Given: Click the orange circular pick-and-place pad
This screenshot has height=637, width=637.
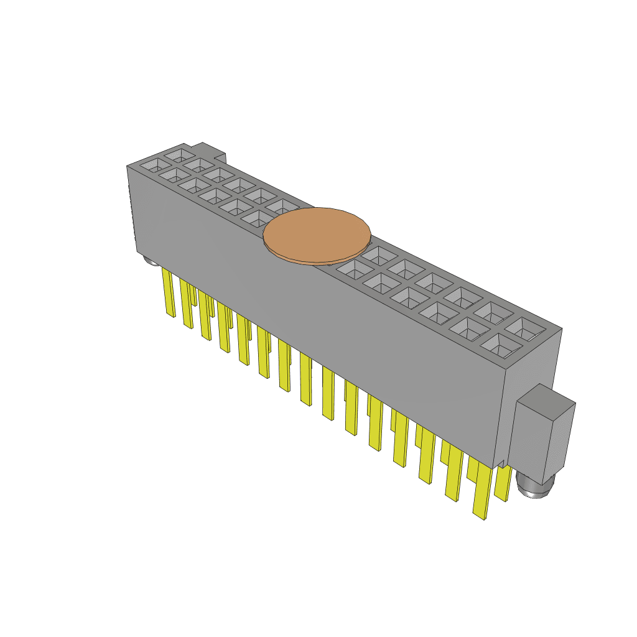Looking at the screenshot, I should coord(317,235).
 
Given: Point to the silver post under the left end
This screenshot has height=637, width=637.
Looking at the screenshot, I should coord(149,259).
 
